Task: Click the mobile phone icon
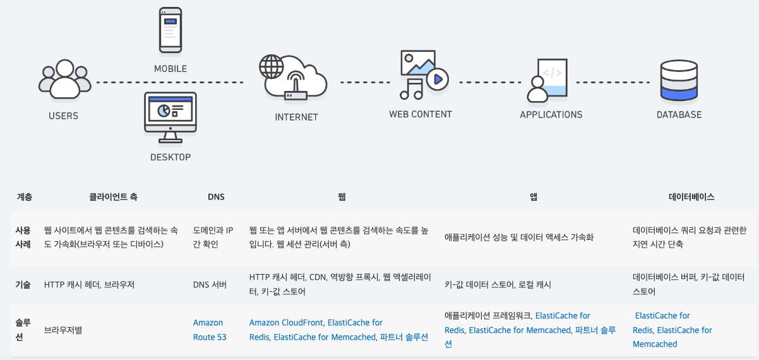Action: [x=170, y=30]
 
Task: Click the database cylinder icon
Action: [x=678, y=80]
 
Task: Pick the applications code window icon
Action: [x=548, y=80]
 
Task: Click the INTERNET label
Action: [x=296, y=117]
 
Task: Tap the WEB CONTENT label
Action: [x=421, y=114]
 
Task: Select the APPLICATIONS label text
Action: [x=551, y=115]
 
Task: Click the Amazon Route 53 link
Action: [x=209, y=330]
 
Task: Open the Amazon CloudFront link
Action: [x=286, y=323]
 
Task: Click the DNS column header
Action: [x=216, y=197]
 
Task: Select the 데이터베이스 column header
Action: [x=691, y=197]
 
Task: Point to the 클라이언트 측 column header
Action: [x=114, y=197]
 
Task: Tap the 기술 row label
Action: [x=23, y=284]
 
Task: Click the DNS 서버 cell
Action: [x=210, y=285]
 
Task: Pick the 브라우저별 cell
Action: [x=64, y=330]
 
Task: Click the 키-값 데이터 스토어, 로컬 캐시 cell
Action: [x=498, y=285]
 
